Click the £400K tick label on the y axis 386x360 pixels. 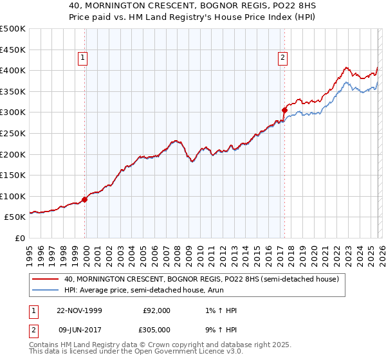(13, 70)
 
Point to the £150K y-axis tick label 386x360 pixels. (13, 175)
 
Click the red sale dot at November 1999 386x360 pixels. (85, 199)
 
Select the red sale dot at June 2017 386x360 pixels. (284, 110)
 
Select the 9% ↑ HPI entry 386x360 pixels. (219, 329)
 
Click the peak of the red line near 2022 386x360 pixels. (346, 67)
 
